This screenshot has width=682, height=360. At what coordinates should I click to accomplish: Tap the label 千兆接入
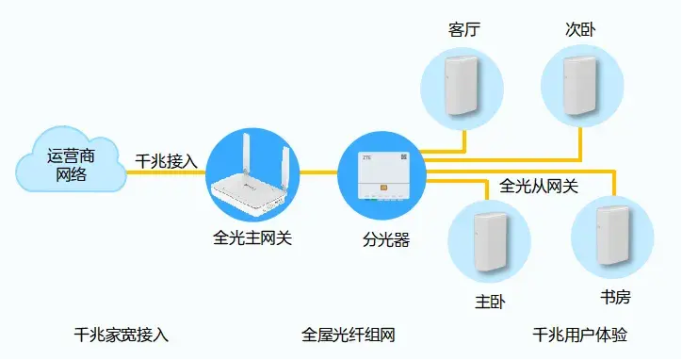point(167,160)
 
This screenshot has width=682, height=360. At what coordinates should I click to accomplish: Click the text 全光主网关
point(252,237)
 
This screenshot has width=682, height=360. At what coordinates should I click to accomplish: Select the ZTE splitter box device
point(381,179)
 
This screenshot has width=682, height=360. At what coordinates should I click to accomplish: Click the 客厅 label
point(464,31)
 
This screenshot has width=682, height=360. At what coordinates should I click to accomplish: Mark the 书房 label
point(614,298)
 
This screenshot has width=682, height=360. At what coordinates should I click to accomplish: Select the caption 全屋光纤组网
point(348,335)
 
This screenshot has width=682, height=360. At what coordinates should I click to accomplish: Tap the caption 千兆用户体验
point(579,335)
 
